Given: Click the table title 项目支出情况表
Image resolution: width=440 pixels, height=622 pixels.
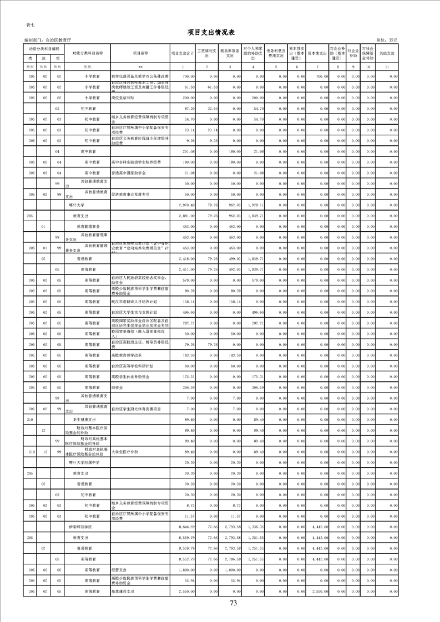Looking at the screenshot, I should pos(220,33).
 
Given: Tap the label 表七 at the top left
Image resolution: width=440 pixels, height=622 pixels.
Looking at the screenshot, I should pos(30,26).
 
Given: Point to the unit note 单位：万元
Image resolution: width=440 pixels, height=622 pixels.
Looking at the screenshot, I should pos(387,40).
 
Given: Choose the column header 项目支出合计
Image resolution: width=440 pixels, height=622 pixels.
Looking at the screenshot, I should pos(183,53).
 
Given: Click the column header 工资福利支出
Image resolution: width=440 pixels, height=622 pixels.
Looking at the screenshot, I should pos(206,53).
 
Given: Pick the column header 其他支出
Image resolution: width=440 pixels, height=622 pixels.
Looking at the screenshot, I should pos(387,53).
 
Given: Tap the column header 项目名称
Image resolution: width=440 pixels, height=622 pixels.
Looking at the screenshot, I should pos(140,53).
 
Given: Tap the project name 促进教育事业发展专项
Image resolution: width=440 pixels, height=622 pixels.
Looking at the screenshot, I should pos(131,195).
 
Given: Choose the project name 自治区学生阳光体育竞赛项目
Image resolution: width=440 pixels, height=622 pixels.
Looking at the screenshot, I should pos(136,409).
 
